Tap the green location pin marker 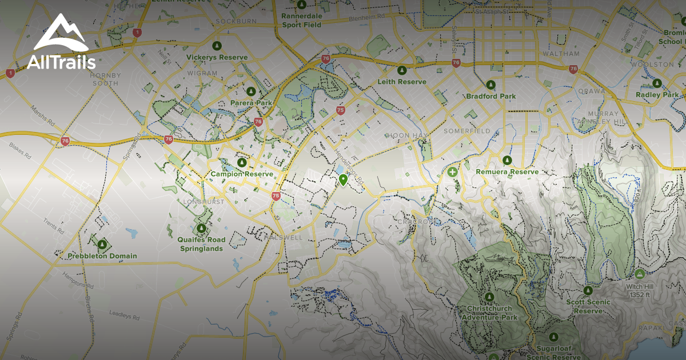click(343, 181)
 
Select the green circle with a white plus click(453, 171)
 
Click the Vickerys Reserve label click(217, 57)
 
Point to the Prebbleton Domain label click(102, 256)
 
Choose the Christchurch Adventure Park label click(489, 313)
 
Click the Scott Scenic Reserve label click(588, 306)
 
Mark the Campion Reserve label click(242, 174)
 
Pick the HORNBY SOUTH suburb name click(105, 79)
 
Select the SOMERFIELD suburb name click(466, 131)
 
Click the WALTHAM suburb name click(561, 53)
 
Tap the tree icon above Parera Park click(250, 91)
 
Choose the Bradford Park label click(490, 97)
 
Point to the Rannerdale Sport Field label click(302, 20)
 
